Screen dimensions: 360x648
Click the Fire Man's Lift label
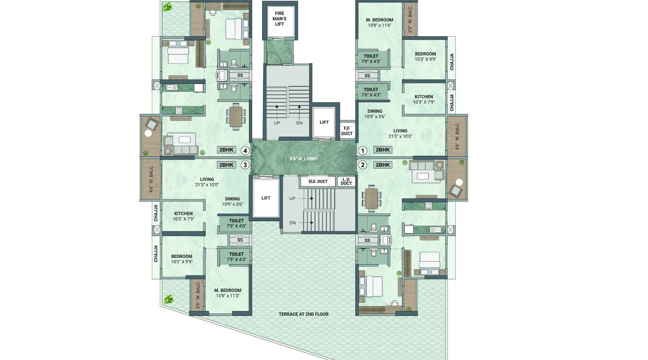pos(279,19)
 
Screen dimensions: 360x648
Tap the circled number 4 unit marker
pos(245,151)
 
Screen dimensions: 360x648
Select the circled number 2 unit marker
pos(363,165)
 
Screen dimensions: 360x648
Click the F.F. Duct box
pos(347,131)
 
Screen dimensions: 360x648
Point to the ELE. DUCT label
pos(318,181)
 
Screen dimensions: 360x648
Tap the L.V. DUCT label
pos(346,181)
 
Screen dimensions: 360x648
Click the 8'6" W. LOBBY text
pos(303,159)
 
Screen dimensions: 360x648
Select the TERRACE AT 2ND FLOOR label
pos(303,314)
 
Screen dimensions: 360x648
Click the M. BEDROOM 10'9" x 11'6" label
pos(379,22)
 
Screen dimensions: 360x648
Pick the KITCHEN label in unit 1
pos(424,99)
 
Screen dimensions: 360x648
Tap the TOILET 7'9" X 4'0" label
pos(236,224)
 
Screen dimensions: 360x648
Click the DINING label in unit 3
pos(232,201)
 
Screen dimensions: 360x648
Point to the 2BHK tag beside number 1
pos(382,150)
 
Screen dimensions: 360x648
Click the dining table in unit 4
pos(236,117)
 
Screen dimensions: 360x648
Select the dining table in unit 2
pos(371,198)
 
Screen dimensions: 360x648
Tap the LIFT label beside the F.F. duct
pos(324,122)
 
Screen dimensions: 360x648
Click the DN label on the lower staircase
pos(292,223)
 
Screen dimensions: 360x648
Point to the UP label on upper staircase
pos(277,123)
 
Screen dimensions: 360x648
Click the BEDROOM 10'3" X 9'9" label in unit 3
pos(181,259)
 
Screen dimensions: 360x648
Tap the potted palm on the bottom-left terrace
pos(168,300)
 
